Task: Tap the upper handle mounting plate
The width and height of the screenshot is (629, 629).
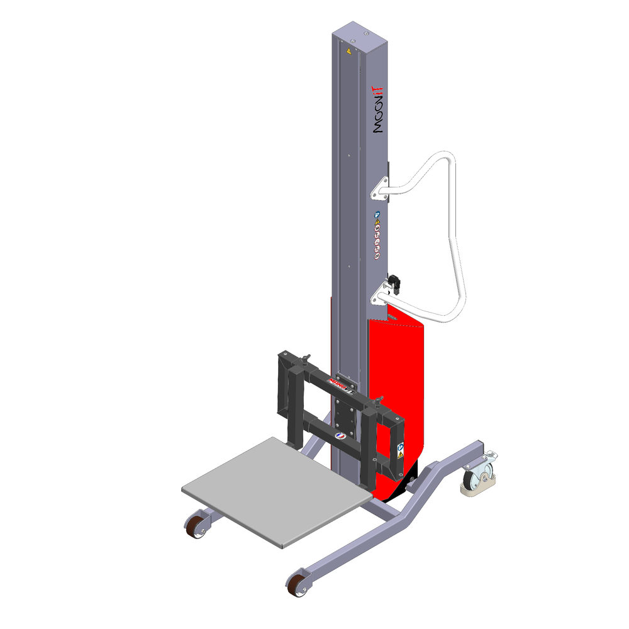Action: point(379,186)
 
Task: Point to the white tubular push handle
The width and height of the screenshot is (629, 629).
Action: point(456,239)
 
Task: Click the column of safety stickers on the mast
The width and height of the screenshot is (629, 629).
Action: point(377,236)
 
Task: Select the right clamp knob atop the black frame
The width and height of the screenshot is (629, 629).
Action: point(379,401)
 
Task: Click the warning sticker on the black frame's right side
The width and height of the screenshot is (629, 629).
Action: point(401,452)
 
